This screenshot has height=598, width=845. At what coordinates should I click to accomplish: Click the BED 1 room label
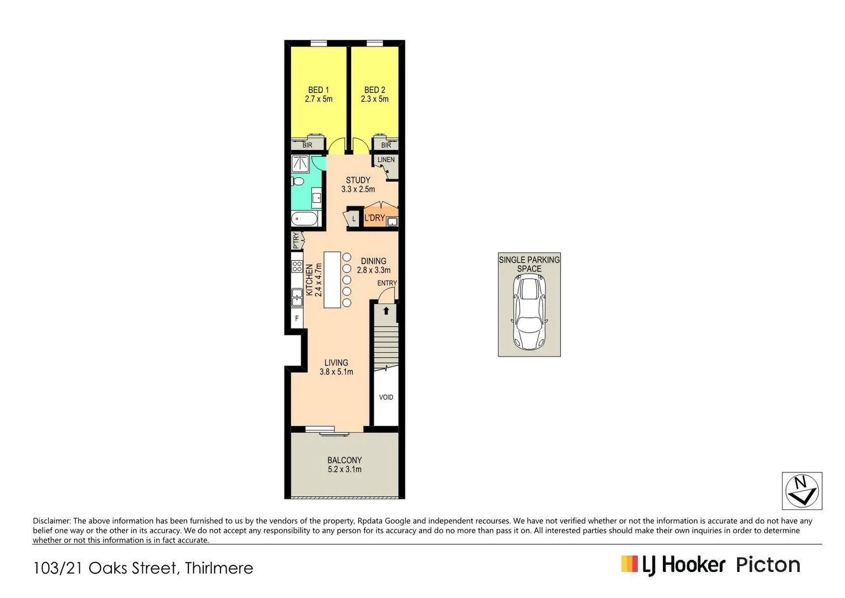click(x=318, y=90)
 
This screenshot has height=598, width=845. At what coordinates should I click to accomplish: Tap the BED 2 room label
click(x=375, y=90)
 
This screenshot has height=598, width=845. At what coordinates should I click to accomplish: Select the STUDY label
click(x=358, y=180)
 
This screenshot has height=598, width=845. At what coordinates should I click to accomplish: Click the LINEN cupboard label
click(x=386, y=159)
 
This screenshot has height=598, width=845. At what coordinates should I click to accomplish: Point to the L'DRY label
click(x=374, y=218)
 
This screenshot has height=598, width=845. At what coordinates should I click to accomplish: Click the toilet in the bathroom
click(x=297, y=181)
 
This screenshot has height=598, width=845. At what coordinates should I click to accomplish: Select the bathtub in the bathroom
click(x=305, y=219)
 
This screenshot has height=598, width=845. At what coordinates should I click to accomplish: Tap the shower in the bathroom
click(x=301, y=163)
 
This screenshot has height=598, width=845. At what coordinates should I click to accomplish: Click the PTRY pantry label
click(x=296, y=240)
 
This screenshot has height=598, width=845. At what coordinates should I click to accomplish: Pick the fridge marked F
click(x=297, y=318)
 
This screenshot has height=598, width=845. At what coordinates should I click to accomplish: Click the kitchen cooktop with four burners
click(x=297, y=266)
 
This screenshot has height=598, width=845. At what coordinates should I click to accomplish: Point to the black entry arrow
click(x=386, y=311)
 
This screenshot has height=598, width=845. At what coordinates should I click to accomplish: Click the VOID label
click(x=386, y=397)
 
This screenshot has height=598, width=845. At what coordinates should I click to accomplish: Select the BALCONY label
click(x=344, y=460)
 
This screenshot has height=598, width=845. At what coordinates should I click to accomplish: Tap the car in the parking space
click(x=529, y=312)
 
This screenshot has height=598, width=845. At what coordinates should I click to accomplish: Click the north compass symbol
click(x=802, y=491)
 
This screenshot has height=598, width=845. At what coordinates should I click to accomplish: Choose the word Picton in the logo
click(x=768, y=565)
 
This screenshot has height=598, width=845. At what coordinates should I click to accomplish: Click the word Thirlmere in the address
click(x=219, y=568)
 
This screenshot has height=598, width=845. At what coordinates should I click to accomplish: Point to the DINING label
click(x=374, y=261)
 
